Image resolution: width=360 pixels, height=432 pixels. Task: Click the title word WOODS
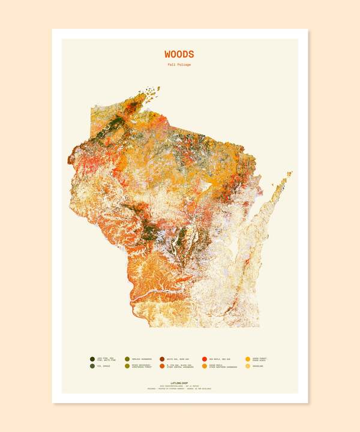(179, 54)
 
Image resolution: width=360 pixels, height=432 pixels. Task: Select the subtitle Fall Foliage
(179, 65)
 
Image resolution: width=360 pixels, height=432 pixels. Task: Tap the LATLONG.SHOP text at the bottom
(179, 381)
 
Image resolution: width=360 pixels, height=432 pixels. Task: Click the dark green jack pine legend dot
(92, 359)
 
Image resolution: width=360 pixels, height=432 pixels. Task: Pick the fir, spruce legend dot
(92, 366)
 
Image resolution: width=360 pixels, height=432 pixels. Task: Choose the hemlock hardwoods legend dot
(127, 359)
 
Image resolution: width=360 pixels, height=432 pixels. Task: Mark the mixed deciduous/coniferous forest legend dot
(127, 366)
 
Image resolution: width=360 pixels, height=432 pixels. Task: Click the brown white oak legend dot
(162, 359)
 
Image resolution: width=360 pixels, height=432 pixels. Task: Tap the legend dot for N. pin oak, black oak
(162, 366)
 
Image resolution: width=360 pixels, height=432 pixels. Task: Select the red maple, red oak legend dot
(205, 359)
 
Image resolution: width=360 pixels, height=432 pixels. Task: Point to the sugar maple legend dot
(205, 366)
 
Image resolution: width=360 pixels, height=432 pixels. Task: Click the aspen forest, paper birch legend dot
(248, 359)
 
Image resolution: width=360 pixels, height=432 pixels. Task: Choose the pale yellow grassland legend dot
(248, 366)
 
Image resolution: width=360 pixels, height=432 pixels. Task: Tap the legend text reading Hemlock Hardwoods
(142, 359)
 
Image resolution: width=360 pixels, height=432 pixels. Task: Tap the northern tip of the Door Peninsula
(291, 173)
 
